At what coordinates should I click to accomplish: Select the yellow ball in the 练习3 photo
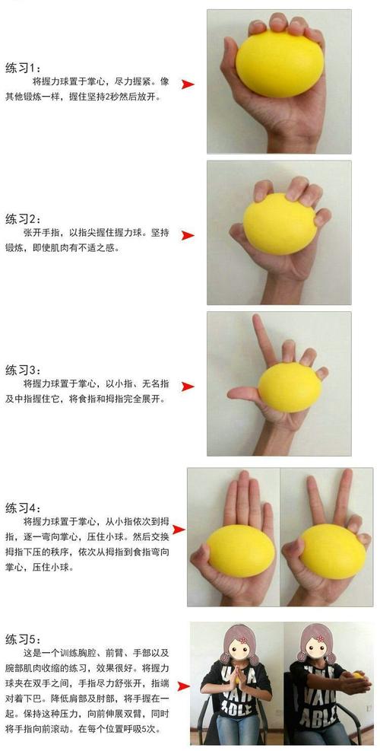(x=290, y=387)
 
